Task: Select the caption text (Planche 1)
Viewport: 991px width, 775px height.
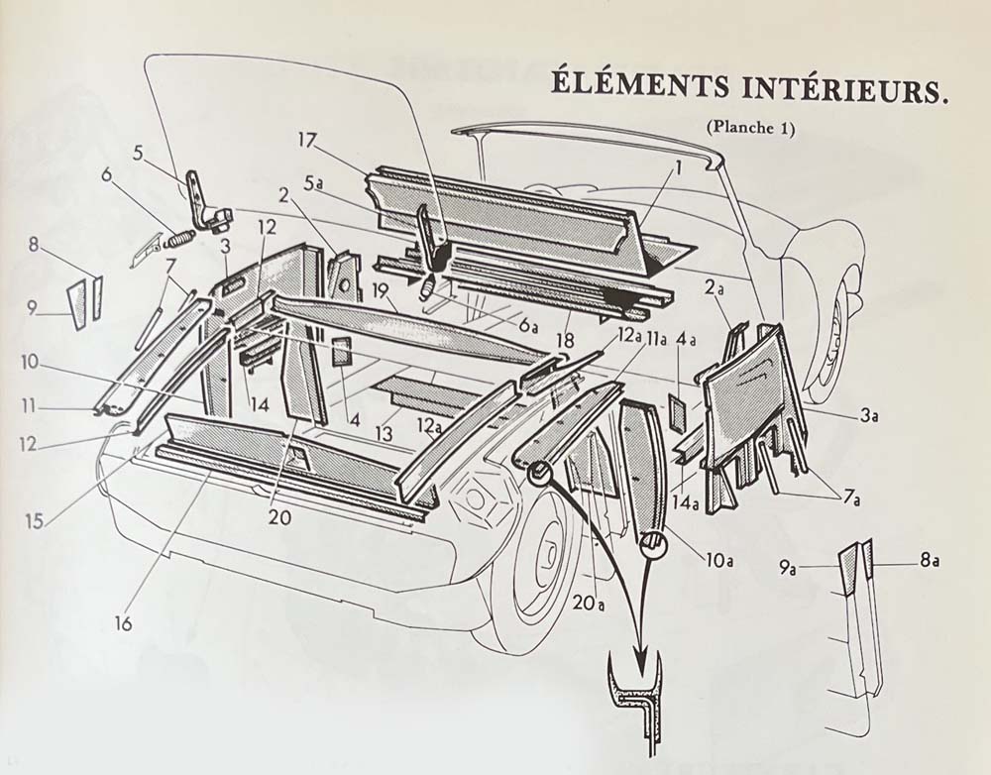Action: (x=751, y=128)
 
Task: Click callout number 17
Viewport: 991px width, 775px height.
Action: (x=306, y=141)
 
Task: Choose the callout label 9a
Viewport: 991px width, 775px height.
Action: (x=789, y=568)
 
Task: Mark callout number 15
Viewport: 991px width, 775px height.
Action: (x=35, y=521)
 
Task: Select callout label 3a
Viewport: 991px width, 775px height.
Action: (x=868, y=417)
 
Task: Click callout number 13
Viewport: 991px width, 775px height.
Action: (x=382, y=432)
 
